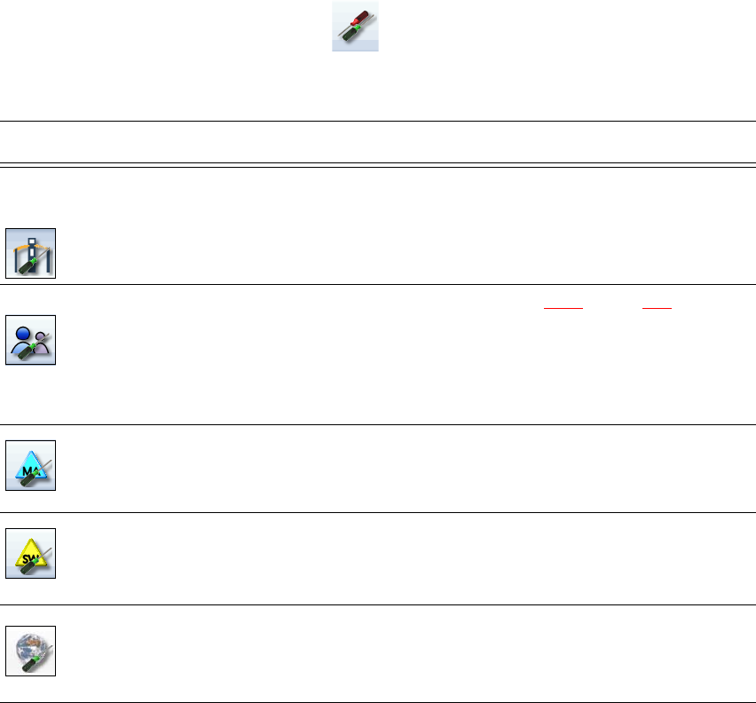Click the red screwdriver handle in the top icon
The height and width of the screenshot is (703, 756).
point(363,17)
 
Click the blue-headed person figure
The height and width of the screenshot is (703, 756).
point(23,335)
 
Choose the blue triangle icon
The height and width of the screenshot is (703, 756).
point(31,466)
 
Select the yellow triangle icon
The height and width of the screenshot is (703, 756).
point(31,555)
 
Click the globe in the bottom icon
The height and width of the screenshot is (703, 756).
point(29,647)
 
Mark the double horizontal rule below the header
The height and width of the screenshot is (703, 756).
point(378,164)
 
